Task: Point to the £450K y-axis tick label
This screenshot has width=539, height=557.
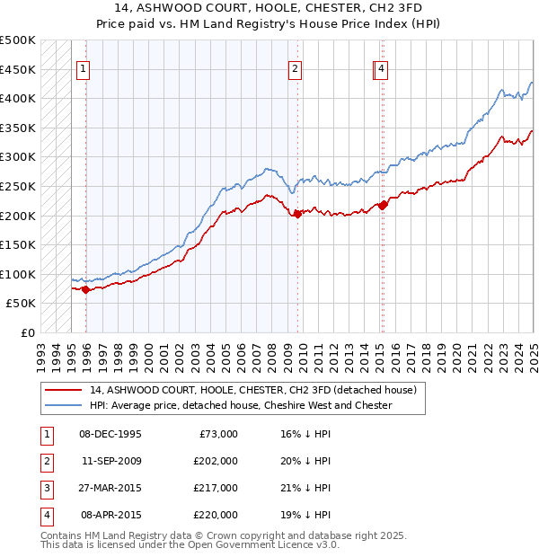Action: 18,69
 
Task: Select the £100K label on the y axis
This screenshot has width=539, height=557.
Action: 18,274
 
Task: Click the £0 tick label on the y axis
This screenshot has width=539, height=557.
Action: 29,332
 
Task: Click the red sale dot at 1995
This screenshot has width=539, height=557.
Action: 85,289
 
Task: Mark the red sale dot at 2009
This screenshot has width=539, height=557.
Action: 297,214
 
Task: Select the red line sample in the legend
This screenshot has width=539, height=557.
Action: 62,391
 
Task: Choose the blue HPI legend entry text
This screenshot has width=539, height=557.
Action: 241,405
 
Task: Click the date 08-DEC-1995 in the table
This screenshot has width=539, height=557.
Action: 110,434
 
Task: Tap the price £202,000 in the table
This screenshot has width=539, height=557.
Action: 216,461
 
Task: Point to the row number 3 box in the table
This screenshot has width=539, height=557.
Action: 45,488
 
